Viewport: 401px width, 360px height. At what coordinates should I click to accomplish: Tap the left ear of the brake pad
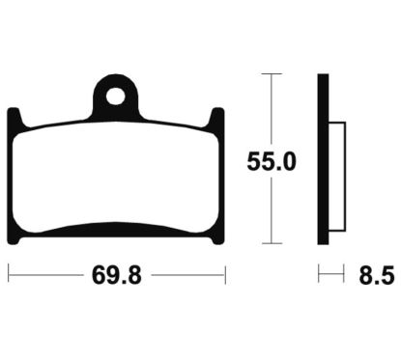[14, 122]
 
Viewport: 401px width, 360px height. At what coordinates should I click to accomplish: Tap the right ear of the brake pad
[218, 122]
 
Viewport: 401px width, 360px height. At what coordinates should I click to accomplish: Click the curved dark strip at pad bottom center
[117, 230]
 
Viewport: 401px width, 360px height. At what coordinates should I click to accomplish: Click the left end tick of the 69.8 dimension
[9, 276]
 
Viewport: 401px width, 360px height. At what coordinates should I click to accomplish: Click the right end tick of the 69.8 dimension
[224, 276]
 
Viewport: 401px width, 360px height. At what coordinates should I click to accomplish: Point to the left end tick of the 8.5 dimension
[321, 276]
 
